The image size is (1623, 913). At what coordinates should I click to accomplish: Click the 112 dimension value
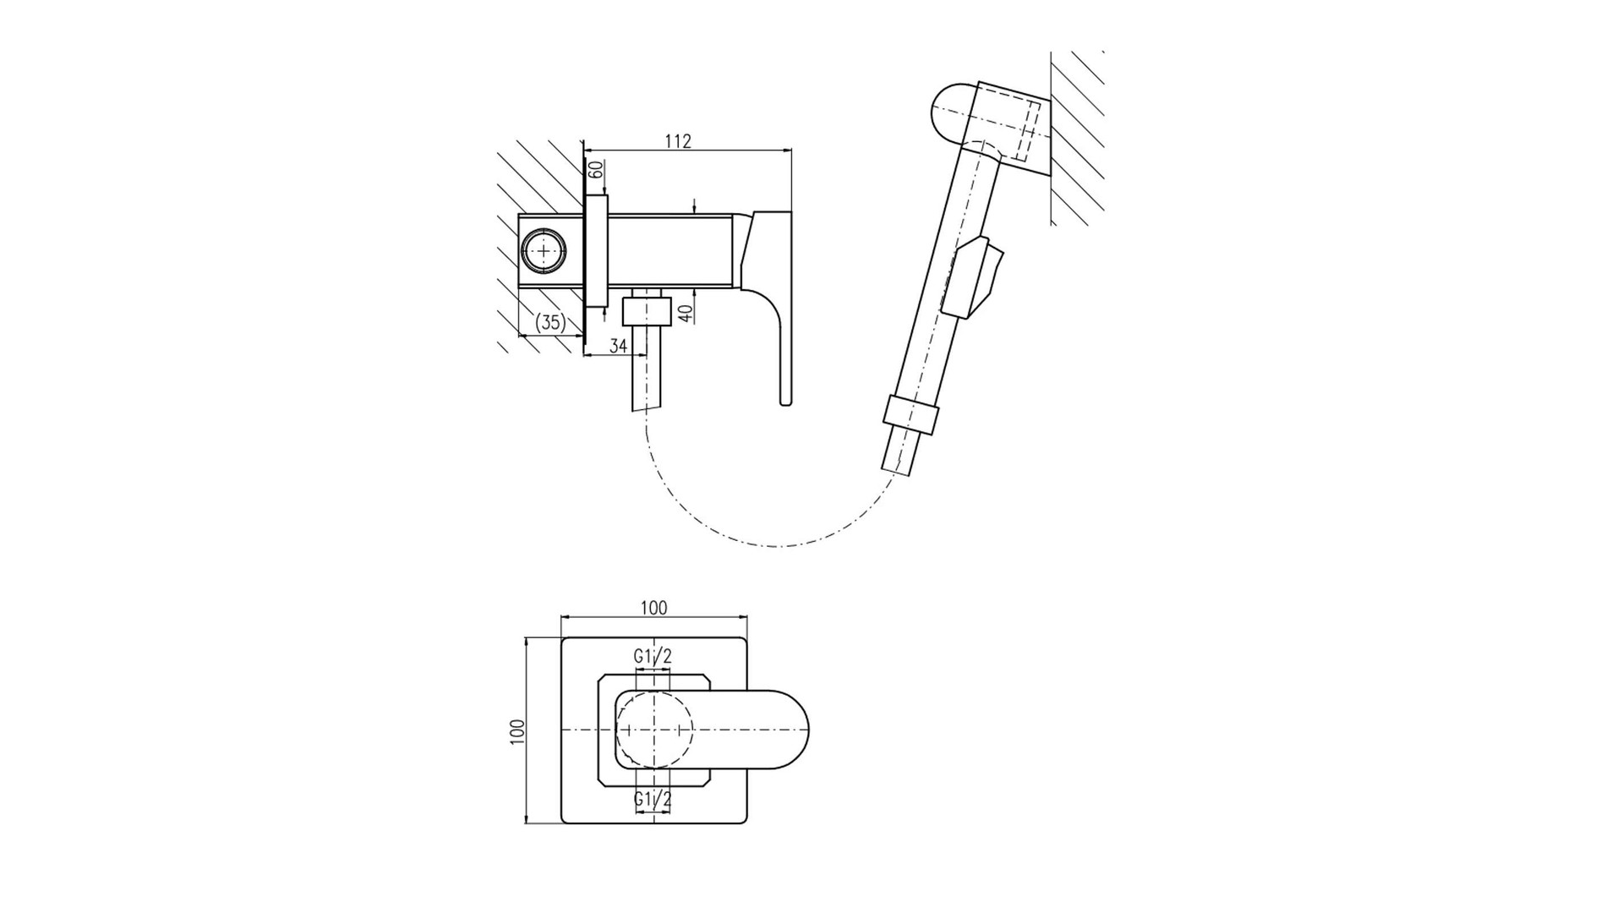click(678, 141)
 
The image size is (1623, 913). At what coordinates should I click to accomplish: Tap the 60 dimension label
click(595, 169)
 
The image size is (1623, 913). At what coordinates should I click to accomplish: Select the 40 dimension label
click(686, 312)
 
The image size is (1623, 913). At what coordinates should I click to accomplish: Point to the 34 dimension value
click(618, 345)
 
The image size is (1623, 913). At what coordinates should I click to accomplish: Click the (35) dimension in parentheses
click(550, 322)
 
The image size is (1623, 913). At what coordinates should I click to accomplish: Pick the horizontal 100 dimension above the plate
click(653, 608)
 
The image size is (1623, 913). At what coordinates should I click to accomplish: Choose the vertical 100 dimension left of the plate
click(517, 731)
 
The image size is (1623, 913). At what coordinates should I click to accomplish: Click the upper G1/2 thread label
click(653, 656)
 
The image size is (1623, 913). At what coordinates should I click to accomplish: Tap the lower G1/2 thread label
click(653, 799)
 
